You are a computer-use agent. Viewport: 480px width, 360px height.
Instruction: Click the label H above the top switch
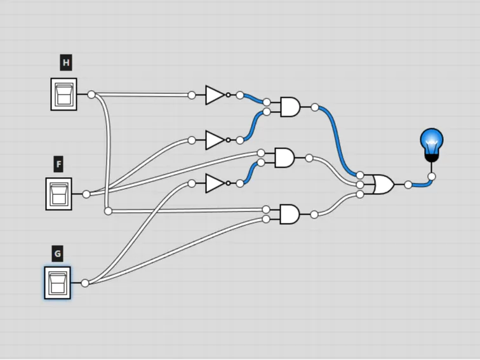point(66,63)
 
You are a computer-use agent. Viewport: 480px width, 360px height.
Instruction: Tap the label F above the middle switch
point(59,164)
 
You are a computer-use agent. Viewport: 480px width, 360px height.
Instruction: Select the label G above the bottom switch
point(58,253)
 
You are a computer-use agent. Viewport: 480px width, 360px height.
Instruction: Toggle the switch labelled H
point(63,94)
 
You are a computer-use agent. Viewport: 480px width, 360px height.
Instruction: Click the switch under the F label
point(59,194)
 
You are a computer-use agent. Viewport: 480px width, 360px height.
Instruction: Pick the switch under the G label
point(58,283)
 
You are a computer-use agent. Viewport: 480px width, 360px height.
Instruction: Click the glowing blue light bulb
point(432,145)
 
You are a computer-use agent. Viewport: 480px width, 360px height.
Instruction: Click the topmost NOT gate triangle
point(215,95)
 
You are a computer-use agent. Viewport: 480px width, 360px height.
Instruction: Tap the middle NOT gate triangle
point(215,140)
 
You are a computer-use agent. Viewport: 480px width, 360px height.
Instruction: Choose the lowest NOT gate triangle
point(215,183)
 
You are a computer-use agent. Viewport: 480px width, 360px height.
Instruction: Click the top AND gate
point(290,107)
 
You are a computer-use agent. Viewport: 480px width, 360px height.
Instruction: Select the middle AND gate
point(284,158)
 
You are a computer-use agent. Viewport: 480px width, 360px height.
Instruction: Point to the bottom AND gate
point(290,215)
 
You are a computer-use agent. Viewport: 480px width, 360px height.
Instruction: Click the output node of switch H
point(91,95)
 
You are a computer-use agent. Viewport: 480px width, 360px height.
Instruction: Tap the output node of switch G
point(85,283)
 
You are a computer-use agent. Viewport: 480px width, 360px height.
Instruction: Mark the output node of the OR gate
point(408,185)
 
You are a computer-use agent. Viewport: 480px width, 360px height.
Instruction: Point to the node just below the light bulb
point(432,177)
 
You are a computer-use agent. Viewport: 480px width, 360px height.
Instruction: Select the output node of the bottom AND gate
point(314,215)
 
